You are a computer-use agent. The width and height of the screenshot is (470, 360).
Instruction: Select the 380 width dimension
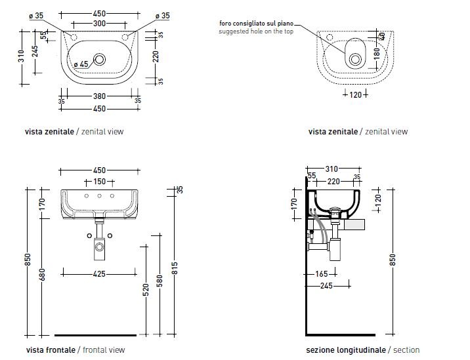tap(100, 96)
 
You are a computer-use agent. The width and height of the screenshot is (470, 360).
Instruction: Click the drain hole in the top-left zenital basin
tap(99, 59)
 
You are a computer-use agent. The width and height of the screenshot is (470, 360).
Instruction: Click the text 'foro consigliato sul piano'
tap(252, 24)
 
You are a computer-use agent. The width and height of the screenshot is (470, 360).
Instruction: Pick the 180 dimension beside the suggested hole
tap(375, 52)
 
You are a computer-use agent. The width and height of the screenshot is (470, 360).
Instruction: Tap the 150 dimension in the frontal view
tap(100, 181)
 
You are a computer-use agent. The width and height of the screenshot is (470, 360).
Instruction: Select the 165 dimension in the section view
tap(321, 274)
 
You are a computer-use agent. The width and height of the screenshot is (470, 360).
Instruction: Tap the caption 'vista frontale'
tap(51, 350)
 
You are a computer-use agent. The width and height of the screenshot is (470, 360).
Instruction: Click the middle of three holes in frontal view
tap(100, 196)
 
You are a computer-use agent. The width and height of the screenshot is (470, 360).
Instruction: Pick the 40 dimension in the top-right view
tap(382, 36)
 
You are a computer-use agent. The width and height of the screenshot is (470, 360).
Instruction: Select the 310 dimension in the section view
tap(331, 169)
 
